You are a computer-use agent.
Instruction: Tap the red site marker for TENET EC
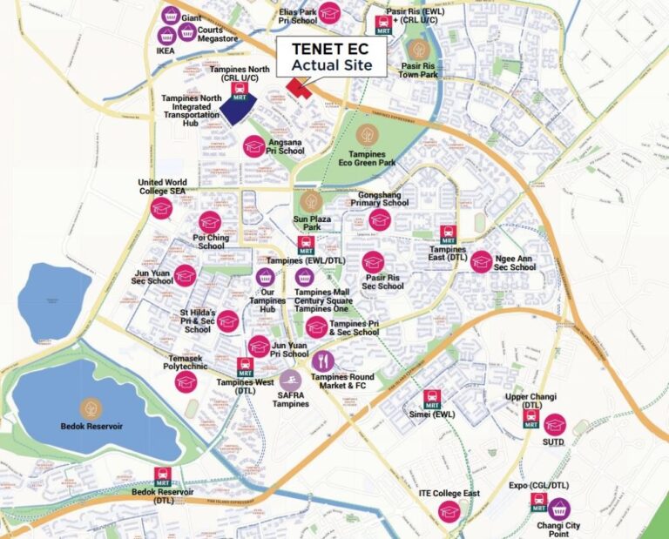click(x=299, y=88)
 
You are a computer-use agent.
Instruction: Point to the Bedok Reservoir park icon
click(x=91, y=408)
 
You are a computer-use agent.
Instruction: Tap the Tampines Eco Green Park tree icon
click(x=367, y=135)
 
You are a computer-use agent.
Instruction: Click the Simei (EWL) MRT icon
click(x=432, y=400)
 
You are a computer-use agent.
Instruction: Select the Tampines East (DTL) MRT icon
click(x=448, y=234)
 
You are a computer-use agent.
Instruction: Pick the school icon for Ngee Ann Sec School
click(x=482, y=260)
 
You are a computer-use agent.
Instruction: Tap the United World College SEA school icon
click(x=161, y=208)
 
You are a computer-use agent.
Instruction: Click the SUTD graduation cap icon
click(x=555, y=424)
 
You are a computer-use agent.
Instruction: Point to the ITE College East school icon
click(x=449, y=510)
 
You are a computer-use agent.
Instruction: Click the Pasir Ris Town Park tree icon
click(x=419, y=49)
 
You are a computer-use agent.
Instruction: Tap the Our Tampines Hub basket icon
click(x=266, y=277)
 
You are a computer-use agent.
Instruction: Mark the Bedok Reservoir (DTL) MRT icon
click(x=162, y=476)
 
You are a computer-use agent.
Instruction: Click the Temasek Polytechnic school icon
click(x=186, y=381)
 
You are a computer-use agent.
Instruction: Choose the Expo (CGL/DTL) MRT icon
click(x=539, y=502)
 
